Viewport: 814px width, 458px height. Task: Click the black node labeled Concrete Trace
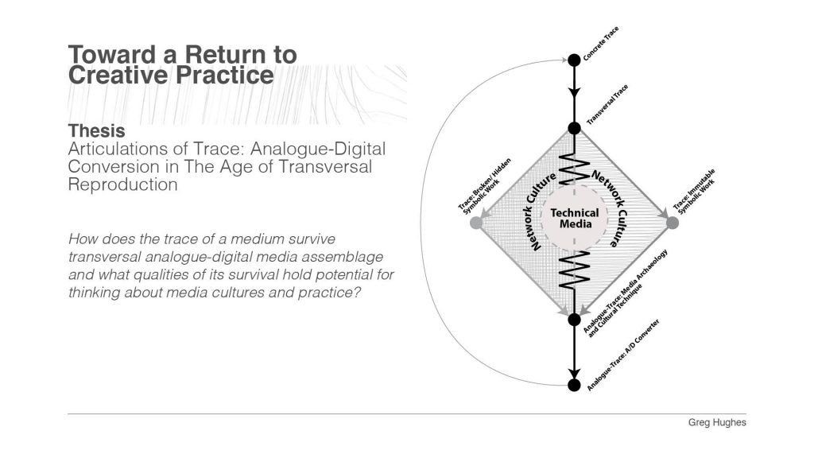coord(574,60)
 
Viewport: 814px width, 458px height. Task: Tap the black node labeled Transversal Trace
coord(574,128)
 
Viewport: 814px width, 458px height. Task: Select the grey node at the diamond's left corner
coord(476,223)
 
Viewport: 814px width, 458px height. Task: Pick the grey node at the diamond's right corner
coord(672,223)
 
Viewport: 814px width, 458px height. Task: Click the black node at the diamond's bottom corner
coord(574,320)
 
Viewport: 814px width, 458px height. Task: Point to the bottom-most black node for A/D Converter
coord(574,385)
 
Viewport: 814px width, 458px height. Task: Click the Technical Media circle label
coord(575,219)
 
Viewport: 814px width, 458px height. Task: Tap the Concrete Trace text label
coord(601,44)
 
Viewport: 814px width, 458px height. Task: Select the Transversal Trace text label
coord(607,104)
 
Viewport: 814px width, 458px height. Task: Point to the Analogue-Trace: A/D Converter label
coord(623,355)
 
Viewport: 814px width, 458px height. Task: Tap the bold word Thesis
coord(96,130)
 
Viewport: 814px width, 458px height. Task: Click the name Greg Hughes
coord(717,422)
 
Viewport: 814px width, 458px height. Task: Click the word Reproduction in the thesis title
coord(122,184)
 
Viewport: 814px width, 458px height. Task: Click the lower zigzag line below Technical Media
coord(574,270)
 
